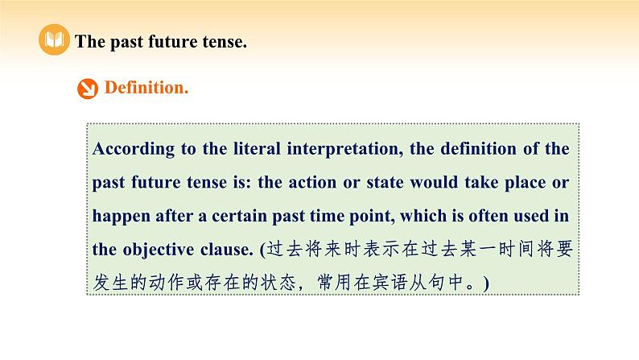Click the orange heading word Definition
point(146,88)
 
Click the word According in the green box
point(132,149)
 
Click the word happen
point(119,216)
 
